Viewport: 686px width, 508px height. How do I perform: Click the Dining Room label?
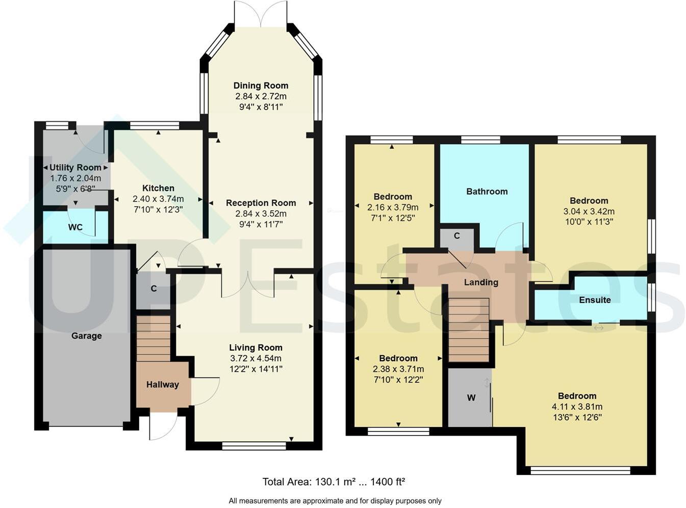click(x=261, y=86)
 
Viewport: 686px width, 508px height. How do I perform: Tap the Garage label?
click(x=86, y=336)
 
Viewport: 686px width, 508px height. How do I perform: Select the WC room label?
click(x=75, y=227)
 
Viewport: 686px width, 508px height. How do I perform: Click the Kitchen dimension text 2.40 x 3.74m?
click(x=158, y=199)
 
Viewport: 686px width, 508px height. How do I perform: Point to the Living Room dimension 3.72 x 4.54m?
click(x=256, y=358)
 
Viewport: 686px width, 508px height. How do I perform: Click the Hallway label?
click(x=162, y=385)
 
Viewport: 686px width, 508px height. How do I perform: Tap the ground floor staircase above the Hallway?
click(x=153, y=338)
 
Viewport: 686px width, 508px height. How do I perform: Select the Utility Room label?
click(x=75, y=168)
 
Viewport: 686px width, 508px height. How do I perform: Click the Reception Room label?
click(x=261, y=203)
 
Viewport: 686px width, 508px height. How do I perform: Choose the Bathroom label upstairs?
click(x=487, y=192)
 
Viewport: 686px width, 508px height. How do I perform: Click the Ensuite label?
click(x=594, y=300)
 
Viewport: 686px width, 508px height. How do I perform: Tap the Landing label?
click(x=480, y=282)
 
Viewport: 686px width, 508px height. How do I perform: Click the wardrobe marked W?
click(x=471, y=397)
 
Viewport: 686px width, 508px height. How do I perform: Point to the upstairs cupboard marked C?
click(x=456, y=236)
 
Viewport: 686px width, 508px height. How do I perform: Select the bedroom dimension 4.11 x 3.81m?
click(x=577, y=407)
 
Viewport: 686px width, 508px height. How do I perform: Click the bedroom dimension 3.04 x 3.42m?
click(x=589, y=211)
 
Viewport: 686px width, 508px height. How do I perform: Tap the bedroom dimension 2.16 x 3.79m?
click(x=392, y=207)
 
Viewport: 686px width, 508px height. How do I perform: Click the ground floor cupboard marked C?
click(x=153, y=289)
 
